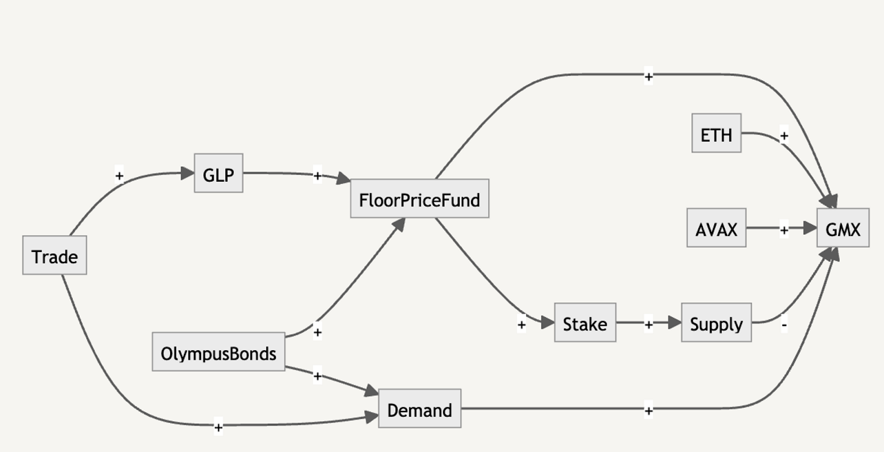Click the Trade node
pos(55,255)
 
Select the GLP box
pos(219,173)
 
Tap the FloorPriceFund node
pos(419,198)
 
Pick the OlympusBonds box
pos(219,351)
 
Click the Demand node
pos(419,408)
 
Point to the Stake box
pos(585,323)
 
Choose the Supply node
pos(716,323)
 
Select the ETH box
pos(716,133)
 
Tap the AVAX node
pos(716,228)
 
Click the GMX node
pos(843,228)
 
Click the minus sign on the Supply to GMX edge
pos(784,325)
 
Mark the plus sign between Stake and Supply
pos(649,324)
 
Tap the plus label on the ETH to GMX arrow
pos(784,136)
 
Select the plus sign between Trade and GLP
pos(119,175)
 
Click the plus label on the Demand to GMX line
pos(649,411)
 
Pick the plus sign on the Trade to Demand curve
pos(218,427)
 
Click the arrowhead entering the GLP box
pos(187,174)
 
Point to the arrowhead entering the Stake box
pos(548,322)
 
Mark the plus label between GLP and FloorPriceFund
pos(317,176)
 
